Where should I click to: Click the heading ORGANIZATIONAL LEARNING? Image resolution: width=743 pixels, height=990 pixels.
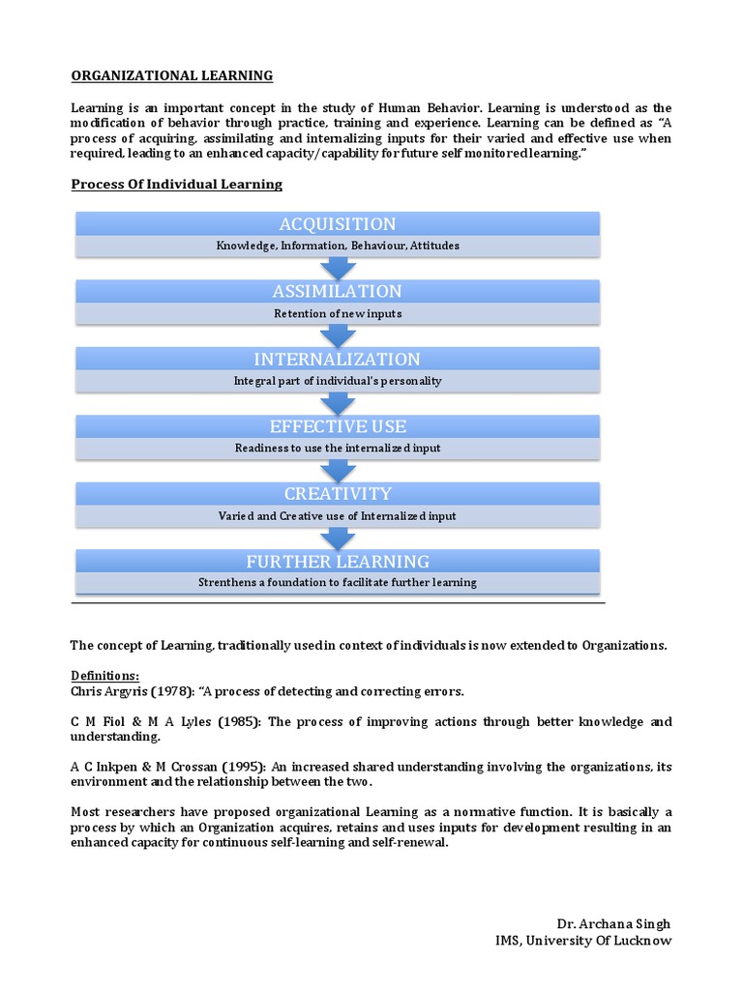pos(172,75)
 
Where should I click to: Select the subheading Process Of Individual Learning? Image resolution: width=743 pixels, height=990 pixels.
pos(177,184)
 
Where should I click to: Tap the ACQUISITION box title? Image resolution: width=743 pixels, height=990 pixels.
pos(338,224)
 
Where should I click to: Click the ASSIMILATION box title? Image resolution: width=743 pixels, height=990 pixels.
pos(338,291)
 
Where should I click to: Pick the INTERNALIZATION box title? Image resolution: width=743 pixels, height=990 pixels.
pos(338,359)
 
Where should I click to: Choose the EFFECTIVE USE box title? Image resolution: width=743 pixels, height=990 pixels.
pos(338,426)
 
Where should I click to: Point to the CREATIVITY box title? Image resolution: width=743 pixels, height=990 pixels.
pos(338,494)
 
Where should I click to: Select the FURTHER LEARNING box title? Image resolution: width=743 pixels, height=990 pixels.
pos(338,562)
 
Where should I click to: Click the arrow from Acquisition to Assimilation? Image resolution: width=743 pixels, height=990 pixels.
pos(338,268)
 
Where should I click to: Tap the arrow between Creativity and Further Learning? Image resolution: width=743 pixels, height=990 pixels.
pos(338,538)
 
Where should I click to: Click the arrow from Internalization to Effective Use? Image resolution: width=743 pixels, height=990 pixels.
pos(338,403)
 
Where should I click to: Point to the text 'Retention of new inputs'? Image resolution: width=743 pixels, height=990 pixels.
pos(338,313)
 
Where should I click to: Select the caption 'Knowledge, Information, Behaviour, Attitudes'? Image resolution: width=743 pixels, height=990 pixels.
pos(338,246)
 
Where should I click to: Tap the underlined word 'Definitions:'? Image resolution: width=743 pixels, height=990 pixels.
pos(105,676)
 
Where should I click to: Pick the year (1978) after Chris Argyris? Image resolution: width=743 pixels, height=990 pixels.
pos(172,691)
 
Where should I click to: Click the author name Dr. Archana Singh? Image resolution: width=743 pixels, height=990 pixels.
pos(613,924)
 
